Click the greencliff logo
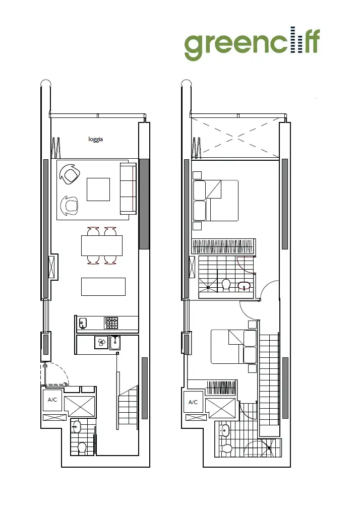click(252, 44)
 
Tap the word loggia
click(96, 140)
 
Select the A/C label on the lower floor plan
click(52, 400)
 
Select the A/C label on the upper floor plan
click(193, 402)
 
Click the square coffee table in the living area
click(98, 189)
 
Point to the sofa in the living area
click(128, 188)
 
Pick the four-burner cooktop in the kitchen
click(111, 323)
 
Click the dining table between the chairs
click(102, 245)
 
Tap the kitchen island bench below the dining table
click(103, 286)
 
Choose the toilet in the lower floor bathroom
click(82, 447)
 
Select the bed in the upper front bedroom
click(215, 200)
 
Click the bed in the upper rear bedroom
click(234, 346)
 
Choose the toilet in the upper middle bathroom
click(226, 285)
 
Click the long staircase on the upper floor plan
click(269, 383)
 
